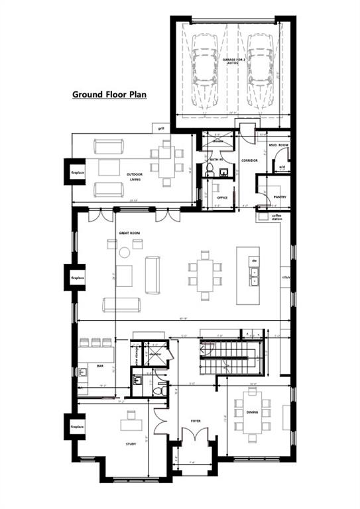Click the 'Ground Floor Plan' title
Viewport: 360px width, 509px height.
109,94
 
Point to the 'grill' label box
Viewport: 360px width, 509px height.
160,128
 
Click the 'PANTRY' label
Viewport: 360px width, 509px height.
278,197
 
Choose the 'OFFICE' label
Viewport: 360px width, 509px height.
222,198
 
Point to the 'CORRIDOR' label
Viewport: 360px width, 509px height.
249,160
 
